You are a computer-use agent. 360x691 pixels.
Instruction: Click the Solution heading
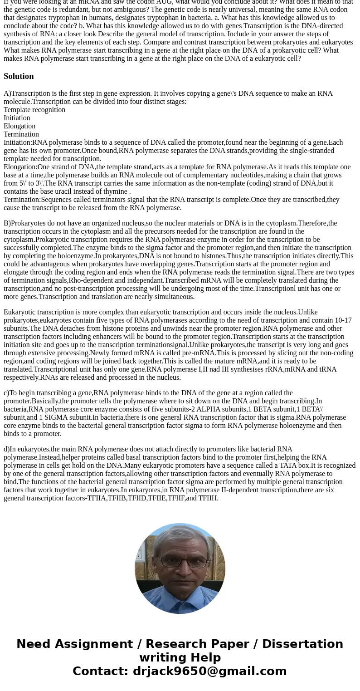tap(19, 76)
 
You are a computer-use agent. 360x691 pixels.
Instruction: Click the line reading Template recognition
tap(34, 110)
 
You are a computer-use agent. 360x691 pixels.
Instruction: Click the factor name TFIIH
tap(208, 498)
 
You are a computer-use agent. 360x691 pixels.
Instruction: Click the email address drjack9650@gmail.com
tap(209, 671)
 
